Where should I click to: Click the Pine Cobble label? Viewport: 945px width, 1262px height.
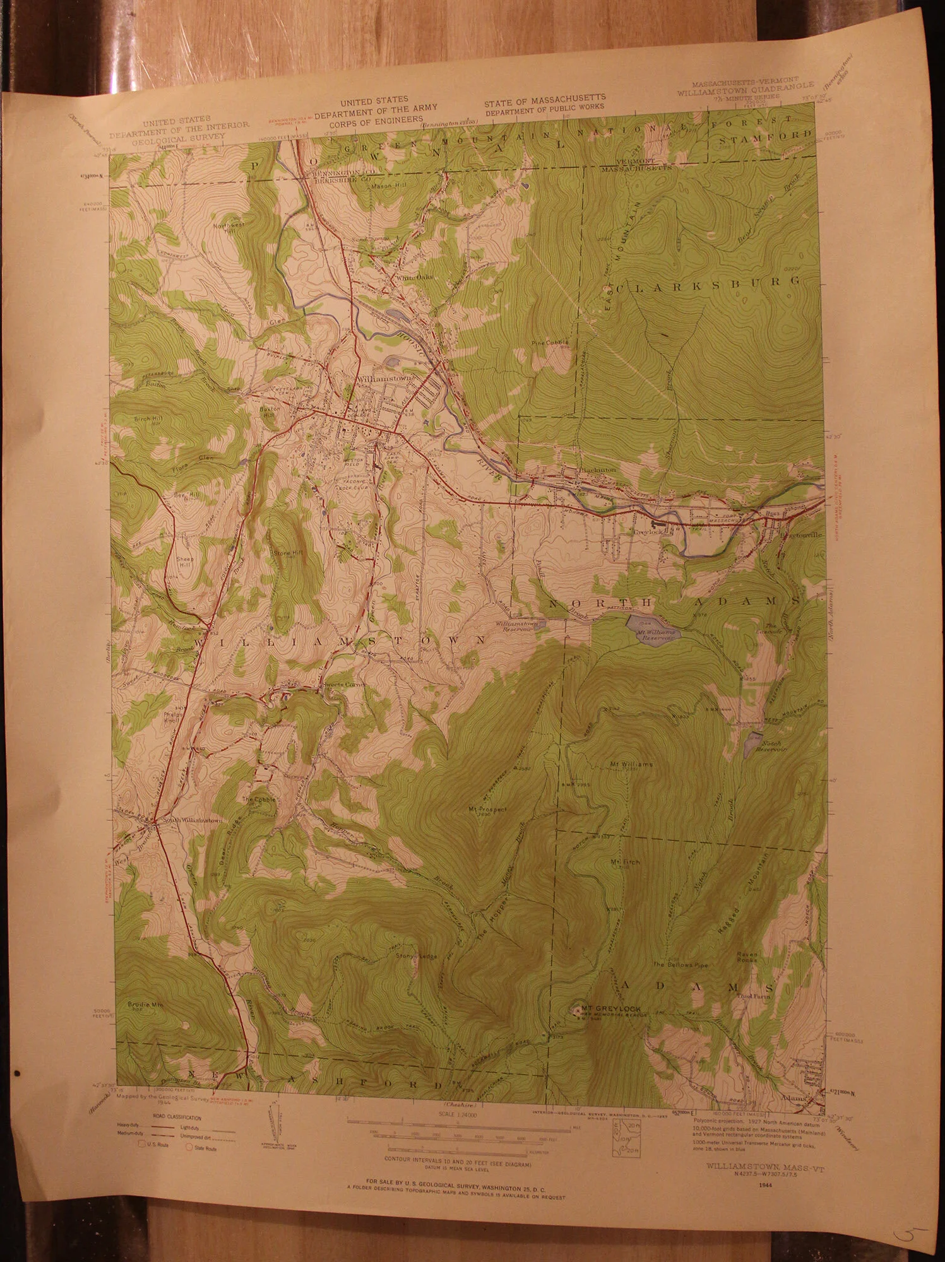[550, 343]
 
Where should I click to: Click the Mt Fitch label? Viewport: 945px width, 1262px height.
[625, 862]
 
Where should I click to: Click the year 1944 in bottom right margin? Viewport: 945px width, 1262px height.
[768, 1185]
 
